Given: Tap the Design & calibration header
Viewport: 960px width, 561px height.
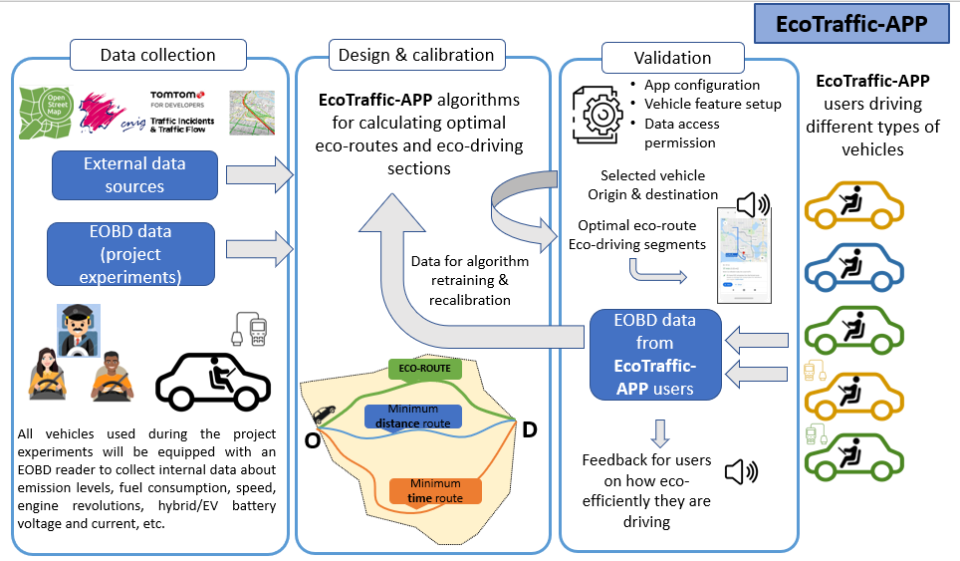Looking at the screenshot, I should point(423,55).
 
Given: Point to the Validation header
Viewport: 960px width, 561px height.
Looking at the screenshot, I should point(672,58).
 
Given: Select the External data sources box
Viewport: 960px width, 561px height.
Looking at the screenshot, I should point(134,175).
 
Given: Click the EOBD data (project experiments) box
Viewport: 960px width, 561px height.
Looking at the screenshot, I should point(131,254).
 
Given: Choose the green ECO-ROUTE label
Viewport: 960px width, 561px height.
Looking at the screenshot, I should point(419,369).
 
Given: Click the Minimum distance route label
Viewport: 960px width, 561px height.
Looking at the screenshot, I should point(412,416).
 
